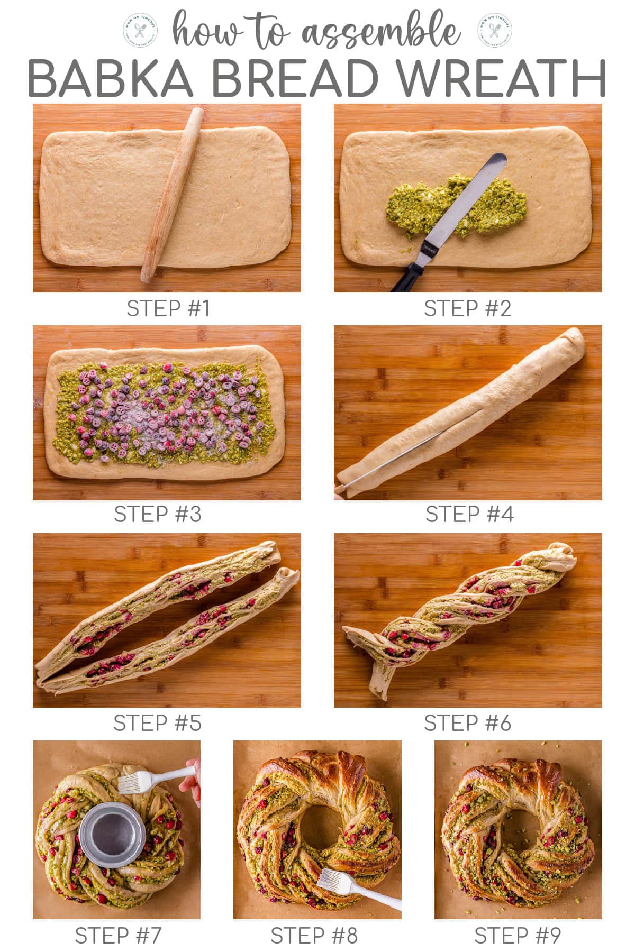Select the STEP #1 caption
point(168,308)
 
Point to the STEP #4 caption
point(469,514)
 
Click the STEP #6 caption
point(468,722)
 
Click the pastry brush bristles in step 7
point(130,782)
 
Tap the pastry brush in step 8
point(349,889)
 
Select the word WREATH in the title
point(502,78)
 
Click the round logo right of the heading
point(495,30)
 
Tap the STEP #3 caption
point(158,514)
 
